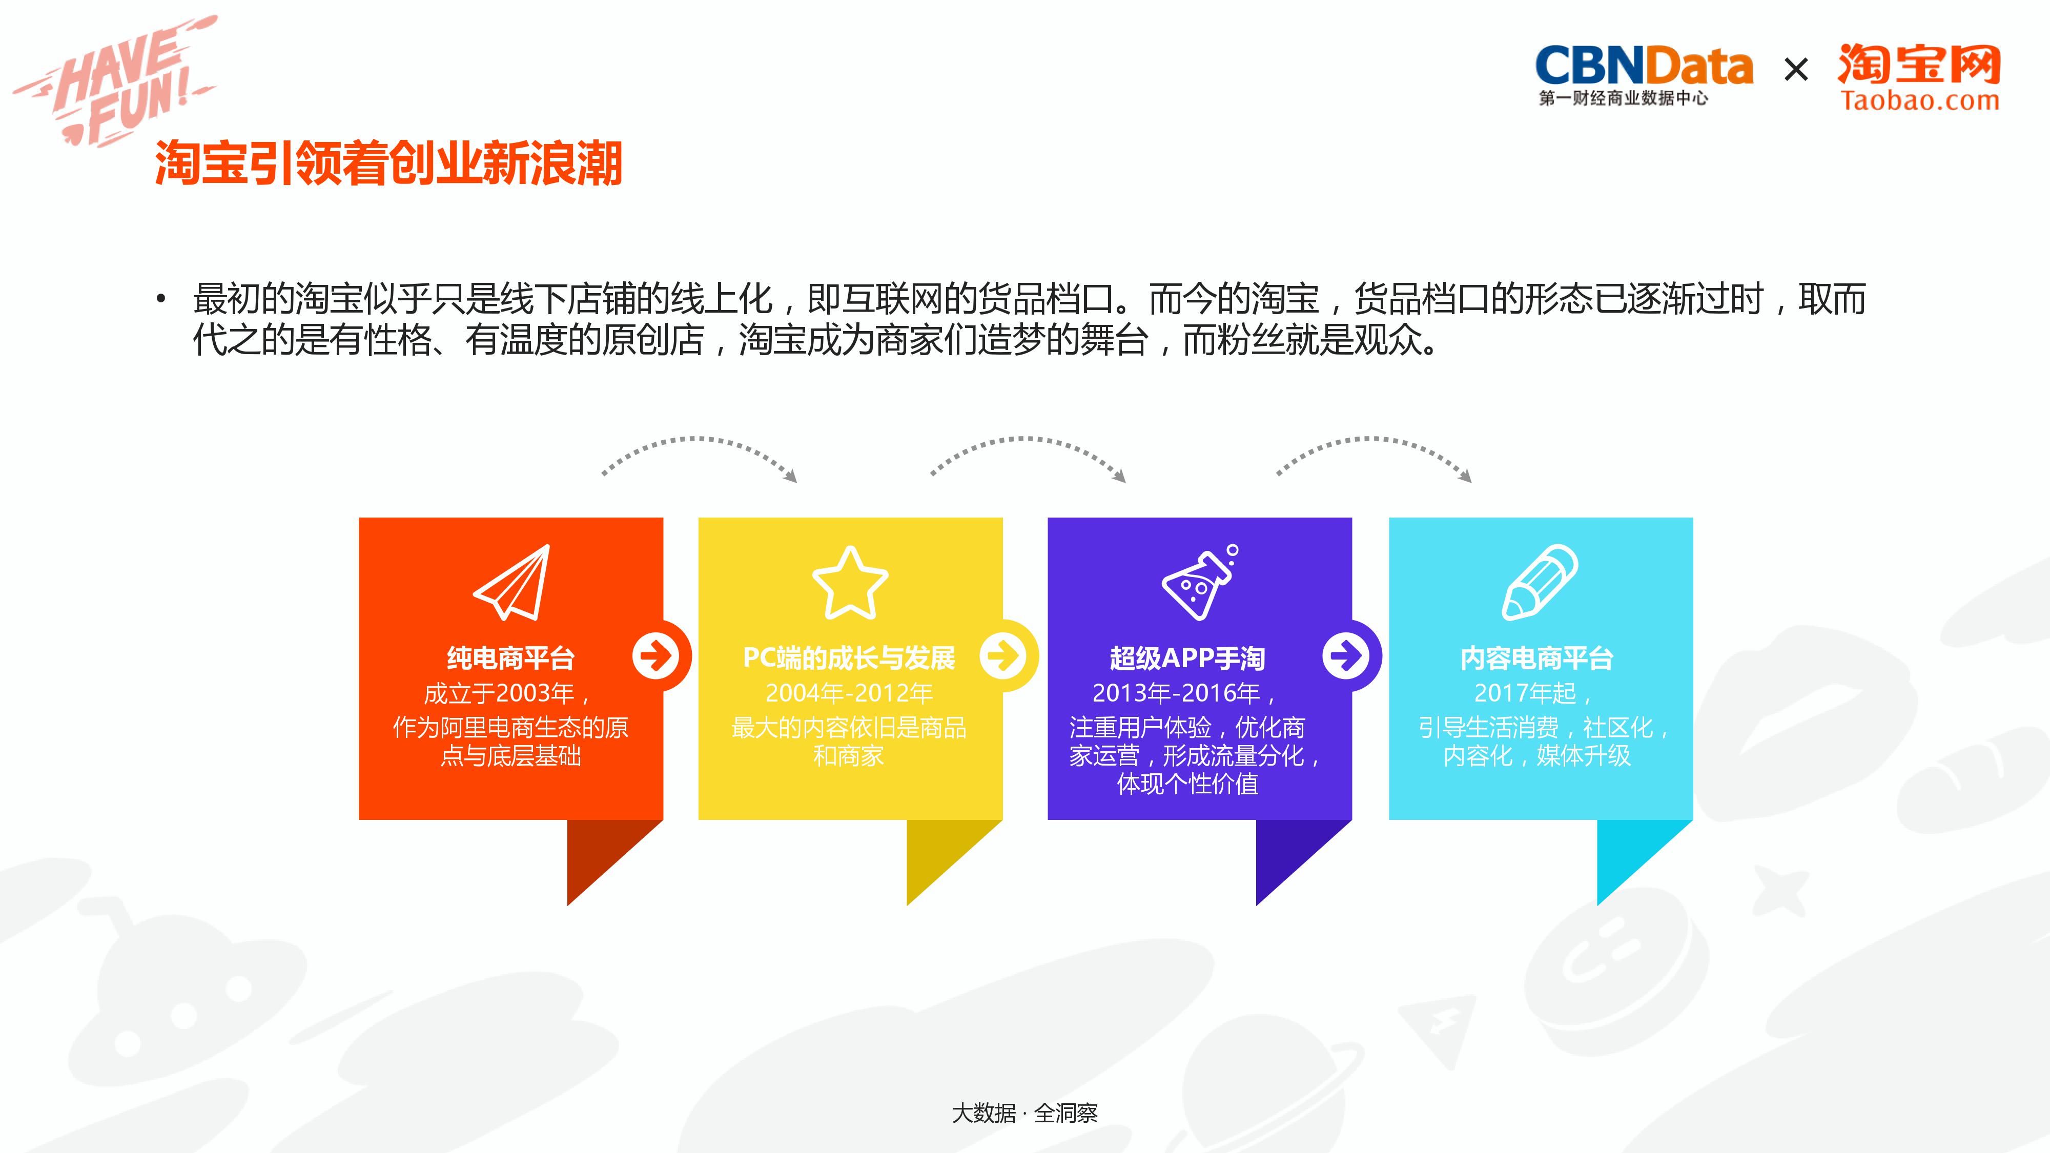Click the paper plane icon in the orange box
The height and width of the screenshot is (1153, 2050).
pos(514,583)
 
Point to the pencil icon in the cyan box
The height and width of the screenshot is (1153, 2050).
pos(1539,583)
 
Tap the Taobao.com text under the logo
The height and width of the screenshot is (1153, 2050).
pos(1919,101)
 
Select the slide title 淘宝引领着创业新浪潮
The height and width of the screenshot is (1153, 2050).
pos(388,164)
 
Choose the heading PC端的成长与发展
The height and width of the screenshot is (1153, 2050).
pos(848,658)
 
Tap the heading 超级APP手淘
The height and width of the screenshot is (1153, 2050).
pos(1186,658)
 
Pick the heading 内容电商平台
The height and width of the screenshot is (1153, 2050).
pos(1536,658)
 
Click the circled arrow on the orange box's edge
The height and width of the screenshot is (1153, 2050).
pos(656,656)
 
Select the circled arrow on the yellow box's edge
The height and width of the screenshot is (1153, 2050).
pos(1003,656)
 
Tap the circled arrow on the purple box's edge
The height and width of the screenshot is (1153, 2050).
pos(1346,656)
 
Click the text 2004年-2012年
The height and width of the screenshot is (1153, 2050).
pos(848,693)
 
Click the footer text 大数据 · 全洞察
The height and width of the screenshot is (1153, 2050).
pos(1025,1113)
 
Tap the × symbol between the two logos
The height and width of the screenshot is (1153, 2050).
pos(1795,70)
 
